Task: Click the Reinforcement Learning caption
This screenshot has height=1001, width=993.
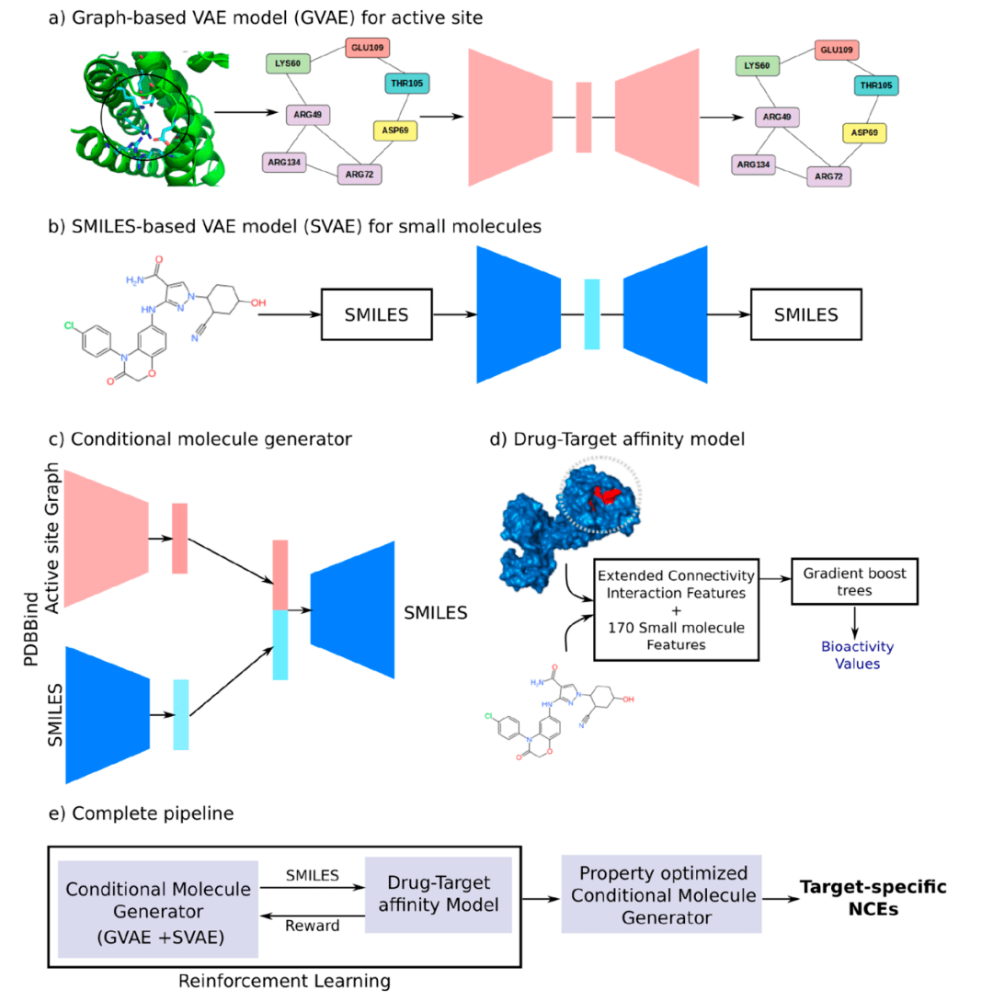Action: (284, 981)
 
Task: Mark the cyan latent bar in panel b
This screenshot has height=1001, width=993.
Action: (592, 314)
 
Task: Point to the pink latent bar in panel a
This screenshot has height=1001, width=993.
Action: (583, 117)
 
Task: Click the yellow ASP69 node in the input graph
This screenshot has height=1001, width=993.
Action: (395, 131)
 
